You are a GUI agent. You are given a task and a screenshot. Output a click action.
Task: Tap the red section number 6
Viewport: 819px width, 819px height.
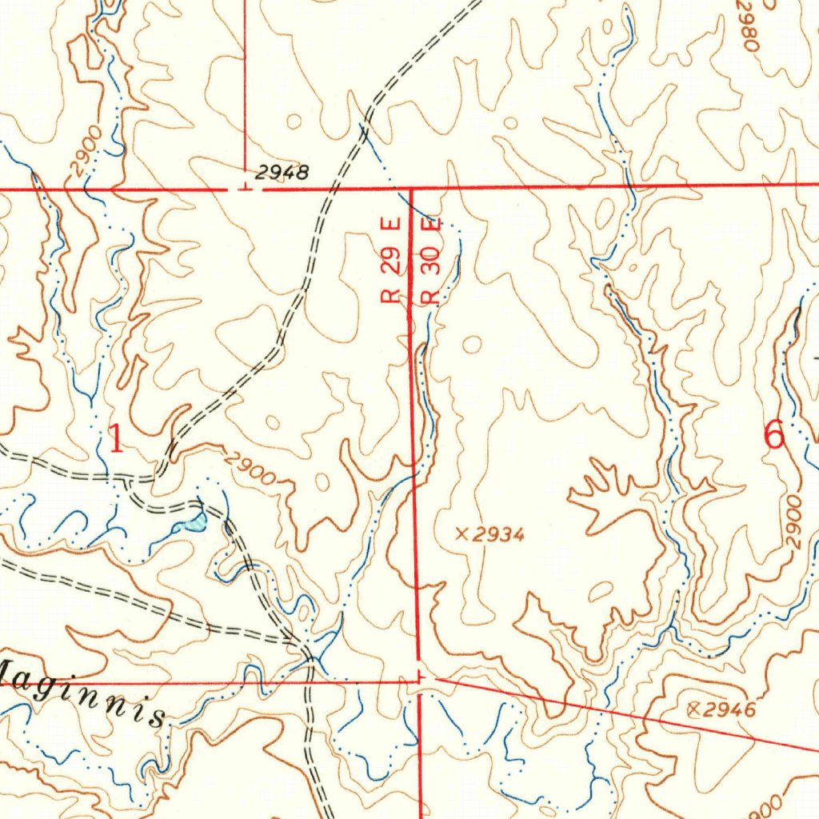click(773, 436)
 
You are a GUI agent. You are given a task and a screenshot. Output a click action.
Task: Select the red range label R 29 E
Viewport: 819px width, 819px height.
click(390, 262)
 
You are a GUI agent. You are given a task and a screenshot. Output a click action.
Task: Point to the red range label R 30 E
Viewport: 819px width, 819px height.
click(432, 261)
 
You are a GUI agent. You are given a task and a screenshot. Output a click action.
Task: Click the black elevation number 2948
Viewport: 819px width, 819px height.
click(282, 171)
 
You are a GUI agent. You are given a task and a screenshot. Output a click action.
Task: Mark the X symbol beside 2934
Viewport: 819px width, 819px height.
click(461, 533)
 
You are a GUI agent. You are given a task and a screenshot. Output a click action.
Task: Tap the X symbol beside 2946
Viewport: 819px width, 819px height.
click(693, 708)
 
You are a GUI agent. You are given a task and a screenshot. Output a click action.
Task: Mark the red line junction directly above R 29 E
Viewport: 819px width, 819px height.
click(410, 190)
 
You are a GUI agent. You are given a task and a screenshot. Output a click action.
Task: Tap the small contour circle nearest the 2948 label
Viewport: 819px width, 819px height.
click(294, 122)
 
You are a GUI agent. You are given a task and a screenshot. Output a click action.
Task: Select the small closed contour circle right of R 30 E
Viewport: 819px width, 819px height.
click(473, 345)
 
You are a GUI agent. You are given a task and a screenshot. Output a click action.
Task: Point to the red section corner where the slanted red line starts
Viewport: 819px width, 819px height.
click(421, 677)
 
